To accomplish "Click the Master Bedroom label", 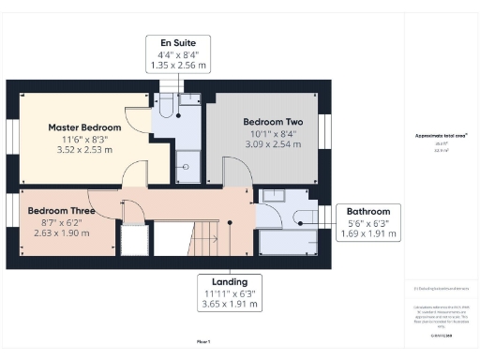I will (x=85, y=127).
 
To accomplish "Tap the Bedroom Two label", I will (x=273, y=122).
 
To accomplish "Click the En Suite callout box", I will (x=178, y=54).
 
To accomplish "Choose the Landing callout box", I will (x=230, y=293).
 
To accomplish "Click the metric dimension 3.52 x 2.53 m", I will (x=85, y=148).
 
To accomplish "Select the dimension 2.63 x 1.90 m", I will (x=59, y=232).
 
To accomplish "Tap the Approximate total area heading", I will (x=441, y=135).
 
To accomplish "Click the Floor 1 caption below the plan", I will (x=203, y=341).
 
